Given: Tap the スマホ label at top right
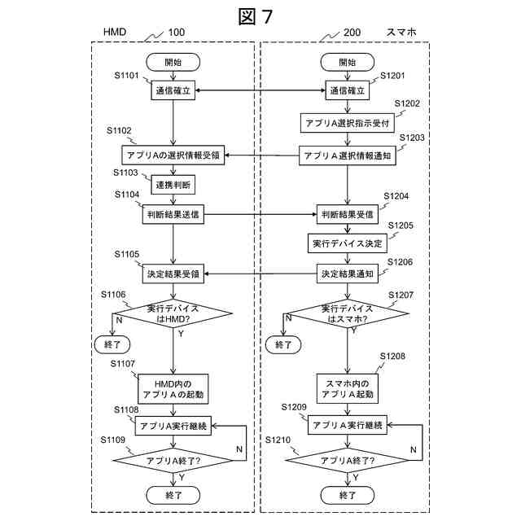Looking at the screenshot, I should coord(401,33).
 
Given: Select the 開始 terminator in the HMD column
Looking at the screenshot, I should coord(173,62).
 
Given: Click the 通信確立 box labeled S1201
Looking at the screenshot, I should coord(348,91).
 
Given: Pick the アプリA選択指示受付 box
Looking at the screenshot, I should coord(348,123).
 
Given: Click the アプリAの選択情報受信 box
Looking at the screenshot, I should coord(173,155).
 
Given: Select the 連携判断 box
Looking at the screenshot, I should coord(173,185).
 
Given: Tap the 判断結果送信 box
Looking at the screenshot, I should coord(173,216).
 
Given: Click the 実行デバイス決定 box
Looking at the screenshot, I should coord(348,243).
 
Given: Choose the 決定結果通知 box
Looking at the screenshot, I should coord(348,274).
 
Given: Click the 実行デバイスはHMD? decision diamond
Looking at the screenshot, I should coord(173,313).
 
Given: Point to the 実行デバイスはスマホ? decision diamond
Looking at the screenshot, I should coord(348,313).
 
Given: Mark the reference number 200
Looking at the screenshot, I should coord(352,33).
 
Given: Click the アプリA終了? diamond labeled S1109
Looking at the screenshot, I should coord(173,460).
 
